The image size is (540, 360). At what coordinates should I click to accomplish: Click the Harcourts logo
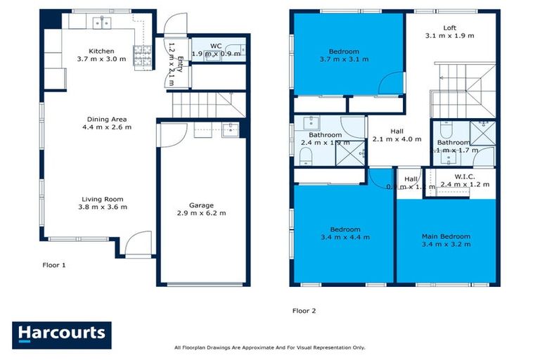tap(61, 335)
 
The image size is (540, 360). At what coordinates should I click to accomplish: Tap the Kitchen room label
tap(101, 51)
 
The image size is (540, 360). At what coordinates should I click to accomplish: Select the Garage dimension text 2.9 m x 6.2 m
tap(200, 213)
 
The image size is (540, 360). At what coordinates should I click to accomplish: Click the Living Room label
tap(102, 199)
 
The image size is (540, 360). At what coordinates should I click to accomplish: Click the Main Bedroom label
tap(446, 236)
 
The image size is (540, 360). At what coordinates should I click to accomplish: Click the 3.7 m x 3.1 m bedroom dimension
tap(344, 59)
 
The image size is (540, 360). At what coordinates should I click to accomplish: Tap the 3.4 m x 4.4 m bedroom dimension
tap(345, 238)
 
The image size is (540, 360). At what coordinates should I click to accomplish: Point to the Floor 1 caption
tap(53, 265)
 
